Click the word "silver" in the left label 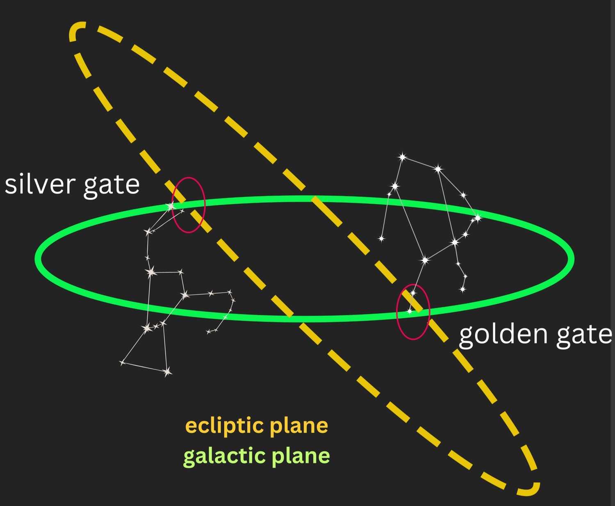[x=40, y=183]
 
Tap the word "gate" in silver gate [x=112, y=187]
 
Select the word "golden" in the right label [x=503, y=335]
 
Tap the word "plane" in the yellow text [x=299, y=427]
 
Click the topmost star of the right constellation [x=403, y=157]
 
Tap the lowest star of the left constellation [x=167, y=372]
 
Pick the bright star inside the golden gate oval [x=410, y=312]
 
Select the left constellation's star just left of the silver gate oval [x=170, y=207]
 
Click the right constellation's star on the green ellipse [x=478, y=218]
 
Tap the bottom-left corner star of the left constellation [x=123, y=363]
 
